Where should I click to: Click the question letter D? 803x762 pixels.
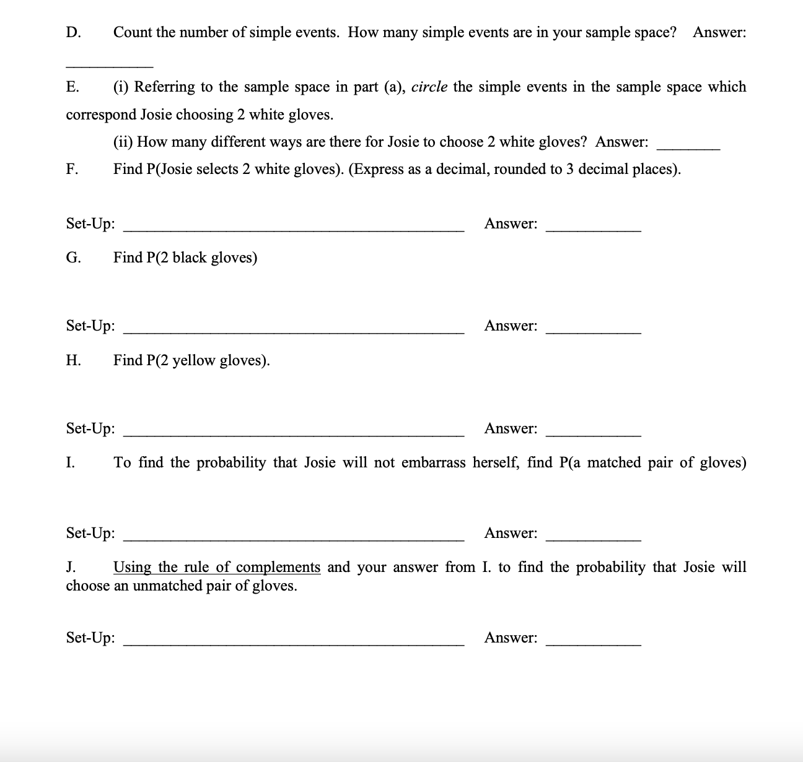coord(72,32)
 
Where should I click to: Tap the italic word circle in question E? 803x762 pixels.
coord(429,87)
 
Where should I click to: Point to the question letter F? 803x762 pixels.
coord(72,170)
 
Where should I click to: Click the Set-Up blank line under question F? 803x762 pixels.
coord(294,230)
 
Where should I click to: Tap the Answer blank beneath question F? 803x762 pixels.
coord(593,230)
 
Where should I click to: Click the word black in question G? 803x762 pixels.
coord(189,258)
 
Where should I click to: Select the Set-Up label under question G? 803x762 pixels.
coord(90,326)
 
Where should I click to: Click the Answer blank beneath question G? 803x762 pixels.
coord(593,332)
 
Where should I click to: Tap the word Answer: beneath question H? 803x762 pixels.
coord(511,428)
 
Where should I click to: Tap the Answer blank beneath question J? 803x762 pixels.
coord(593,644)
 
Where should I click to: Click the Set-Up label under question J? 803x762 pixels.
coord(90,638)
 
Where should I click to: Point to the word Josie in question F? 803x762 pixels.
coord(167,170)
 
